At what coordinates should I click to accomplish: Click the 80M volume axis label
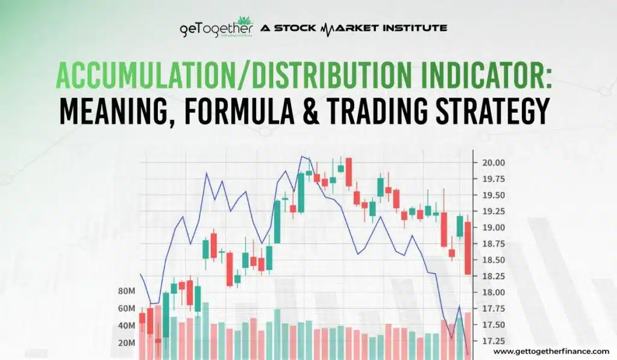pos(127,291)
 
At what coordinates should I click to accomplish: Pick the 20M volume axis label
pos(127,343)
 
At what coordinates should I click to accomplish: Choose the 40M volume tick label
pos(127,326)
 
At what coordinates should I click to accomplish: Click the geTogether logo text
pos(216,29)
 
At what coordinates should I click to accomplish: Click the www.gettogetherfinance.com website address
pos(551,351)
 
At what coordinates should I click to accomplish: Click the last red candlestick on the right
pos(468,248)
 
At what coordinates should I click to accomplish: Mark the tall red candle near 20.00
pos(348,172)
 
